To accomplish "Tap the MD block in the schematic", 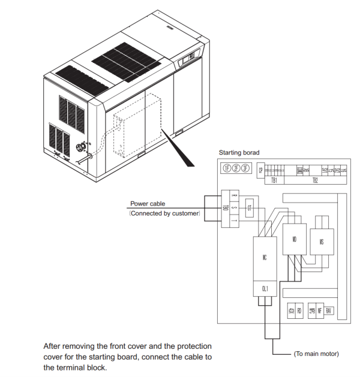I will [x=294, y=239].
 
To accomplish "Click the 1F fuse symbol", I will [x=227, y=168].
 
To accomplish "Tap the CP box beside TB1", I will [x=261, y=170].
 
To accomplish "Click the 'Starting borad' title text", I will [x=239, y=153].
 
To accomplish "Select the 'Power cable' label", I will [x=148, y=204].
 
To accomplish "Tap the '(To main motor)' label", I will [x=316, y=354].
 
